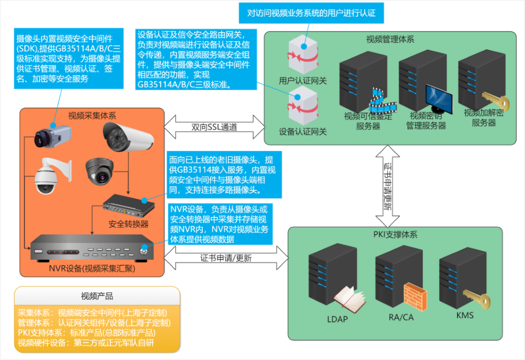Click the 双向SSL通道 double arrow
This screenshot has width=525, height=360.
[214, 127]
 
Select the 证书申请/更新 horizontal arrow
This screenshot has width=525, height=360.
[226, 258]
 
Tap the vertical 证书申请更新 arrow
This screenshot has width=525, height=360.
[388, 186]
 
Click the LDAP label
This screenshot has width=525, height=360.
[337, 319]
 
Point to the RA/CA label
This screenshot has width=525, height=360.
[401, 317]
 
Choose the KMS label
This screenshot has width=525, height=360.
[465, 316]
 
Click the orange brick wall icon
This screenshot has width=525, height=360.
[415, 296]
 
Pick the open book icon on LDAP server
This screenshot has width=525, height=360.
[350, 299]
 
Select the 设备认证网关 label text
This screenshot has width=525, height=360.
[303, 132]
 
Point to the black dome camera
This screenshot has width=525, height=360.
[100, 171]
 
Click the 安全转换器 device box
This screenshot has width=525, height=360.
[128, 205]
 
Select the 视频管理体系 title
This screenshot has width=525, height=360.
[390, 40]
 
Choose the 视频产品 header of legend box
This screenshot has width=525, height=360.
[97, 296]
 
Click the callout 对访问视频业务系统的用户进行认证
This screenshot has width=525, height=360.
[311, 13]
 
